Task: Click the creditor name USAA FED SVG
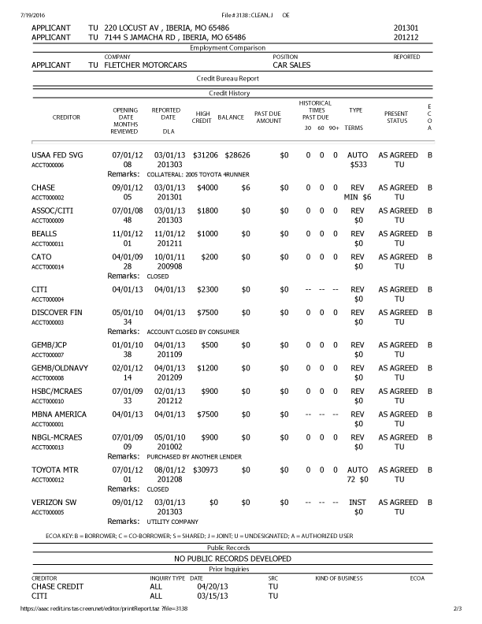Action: point(57,155)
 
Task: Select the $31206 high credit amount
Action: point(205,155)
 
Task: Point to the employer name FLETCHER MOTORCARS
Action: point(144,65)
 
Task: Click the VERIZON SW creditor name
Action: point(54,502)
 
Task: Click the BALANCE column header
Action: point(231,117)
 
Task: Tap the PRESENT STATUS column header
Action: point(396,117)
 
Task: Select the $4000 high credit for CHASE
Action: point(207,188)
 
